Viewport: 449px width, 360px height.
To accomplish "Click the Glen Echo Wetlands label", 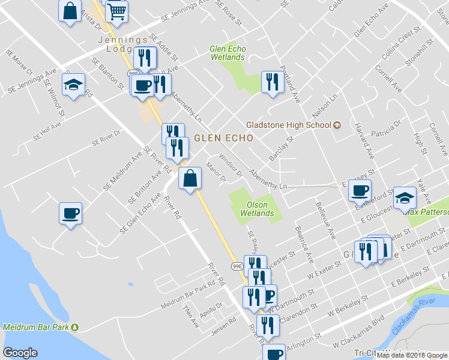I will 228,53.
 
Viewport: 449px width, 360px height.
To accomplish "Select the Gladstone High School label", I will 289,125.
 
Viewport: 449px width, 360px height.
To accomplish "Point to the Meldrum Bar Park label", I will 36,328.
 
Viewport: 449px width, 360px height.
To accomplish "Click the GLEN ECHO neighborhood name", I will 223,137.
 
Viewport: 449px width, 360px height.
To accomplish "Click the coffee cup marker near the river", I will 70,214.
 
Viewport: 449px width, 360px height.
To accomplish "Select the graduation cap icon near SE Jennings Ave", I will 73,85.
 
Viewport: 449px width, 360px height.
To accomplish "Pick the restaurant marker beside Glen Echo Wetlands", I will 272,82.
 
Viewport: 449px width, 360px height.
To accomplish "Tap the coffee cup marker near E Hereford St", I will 360,191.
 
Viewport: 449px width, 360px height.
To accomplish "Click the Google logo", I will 20,353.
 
